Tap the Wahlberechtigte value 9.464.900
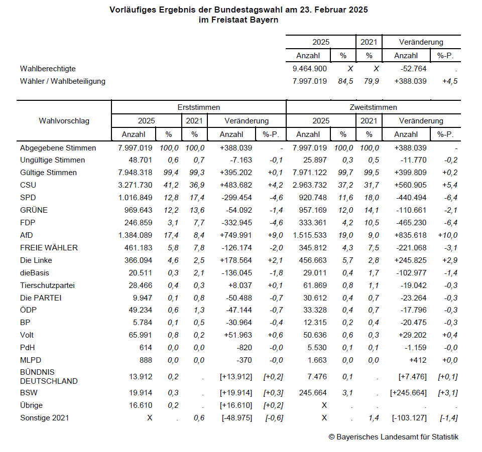[309, 69]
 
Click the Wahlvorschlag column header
[63, 120]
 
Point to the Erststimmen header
[198, 107]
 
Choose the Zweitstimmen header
[373, 107]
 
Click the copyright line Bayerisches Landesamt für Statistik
[393, 437]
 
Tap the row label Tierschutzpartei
[47, 285]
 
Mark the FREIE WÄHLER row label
[49, 248]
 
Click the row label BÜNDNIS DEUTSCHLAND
[49, 376]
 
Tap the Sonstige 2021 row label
[44, 418]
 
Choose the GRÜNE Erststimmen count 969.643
[136, 210]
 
